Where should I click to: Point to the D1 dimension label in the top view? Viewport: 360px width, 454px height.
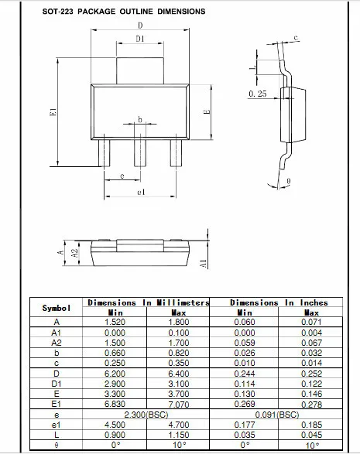[139, 38]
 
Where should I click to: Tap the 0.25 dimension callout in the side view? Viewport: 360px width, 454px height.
[259, 94]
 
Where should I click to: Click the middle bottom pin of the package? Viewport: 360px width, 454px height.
[140, 152]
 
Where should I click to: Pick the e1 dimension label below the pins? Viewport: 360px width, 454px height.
[140, 192]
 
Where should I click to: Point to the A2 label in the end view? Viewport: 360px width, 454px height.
[74, 253]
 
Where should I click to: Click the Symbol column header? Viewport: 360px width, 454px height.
[56, 308]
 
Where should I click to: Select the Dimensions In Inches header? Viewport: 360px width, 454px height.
[279, 302]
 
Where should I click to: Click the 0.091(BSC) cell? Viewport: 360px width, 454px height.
[279, 415]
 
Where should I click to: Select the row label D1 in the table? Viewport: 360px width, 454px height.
[56, 383]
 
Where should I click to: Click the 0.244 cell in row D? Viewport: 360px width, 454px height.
[245, 373]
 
